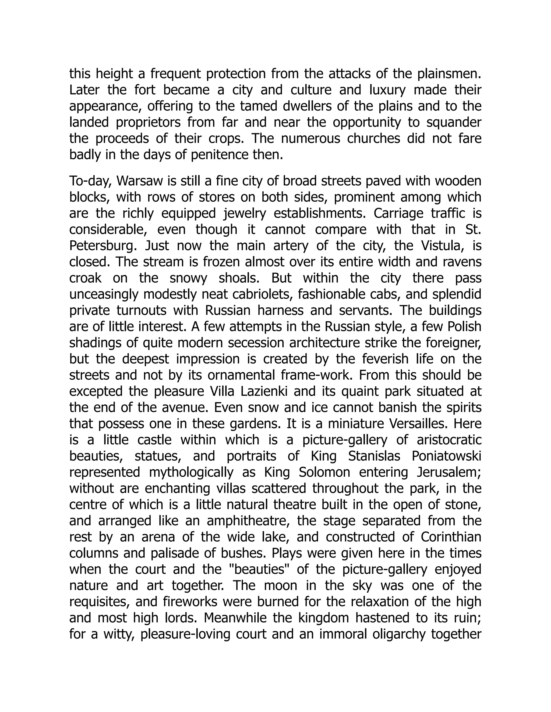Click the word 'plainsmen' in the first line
click(448, 74)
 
